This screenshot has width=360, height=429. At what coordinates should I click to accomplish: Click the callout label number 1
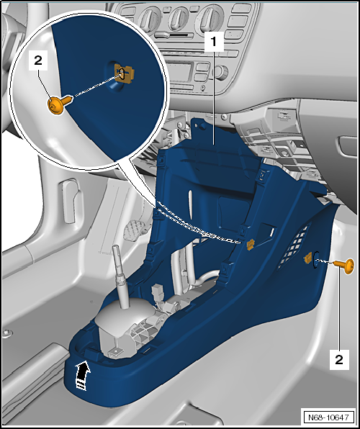214,42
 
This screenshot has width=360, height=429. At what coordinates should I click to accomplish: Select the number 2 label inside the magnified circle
38,60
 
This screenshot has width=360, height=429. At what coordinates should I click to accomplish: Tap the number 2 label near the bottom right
339,359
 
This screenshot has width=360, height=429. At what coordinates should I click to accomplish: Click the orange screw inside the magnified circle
60,104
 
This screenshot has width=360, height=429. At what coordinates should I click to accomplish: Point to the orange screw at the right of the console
345,266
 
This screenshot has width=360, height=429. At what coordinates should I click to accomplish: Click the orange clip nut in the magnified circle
125,72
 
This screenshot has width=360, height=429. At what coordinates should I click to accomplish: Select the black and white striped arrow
83,375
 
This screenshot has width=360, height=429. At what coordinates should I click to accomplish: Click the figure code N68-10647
328,417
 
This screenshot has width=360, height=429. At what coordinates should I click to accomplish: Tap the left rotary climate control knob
150,19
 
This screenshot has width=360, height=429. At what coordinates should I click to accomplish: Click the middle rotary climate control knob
179,18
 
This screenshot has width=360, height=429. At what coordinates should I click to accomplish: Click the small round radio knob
220,72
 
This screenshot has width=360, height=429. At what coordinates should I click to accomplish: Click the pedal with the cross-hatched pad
134,230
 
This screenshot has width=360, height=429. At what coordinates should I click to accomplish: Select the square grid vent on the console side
294,246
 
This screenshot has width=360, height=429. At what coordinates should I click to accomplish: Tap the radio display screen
179,72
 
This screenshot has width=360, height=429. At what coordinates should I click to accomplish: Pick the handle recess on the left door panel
69,201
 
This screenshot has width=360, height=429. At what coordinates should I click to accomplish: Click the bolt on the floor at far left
8,333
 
